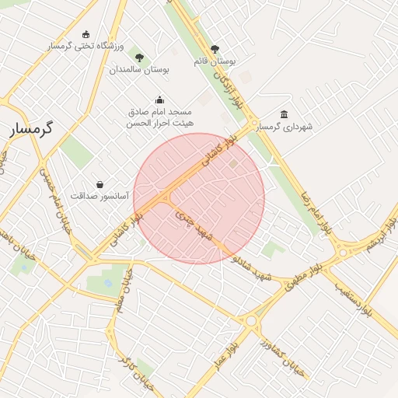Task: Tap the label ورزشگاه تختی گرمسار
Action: [x=86, y=47]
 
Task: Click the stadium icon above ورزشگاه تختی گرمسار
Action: [x=86, y=34]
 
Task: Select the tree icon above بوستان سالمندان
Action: [x=139, y=58]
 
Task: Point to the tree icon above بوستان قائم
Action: [x=215, y=48]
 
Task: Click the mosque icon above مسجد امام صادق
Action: [x=159, y=99]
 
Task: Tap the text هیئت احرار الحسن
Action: [x=161, y=123]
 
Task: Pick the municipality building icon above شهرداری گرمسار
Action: [x=284, y=114]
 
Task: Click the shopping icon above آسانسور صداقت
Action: [x=99, y=184]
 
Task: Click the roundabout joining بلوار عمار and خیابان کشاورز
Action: [x=250, y=320]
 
